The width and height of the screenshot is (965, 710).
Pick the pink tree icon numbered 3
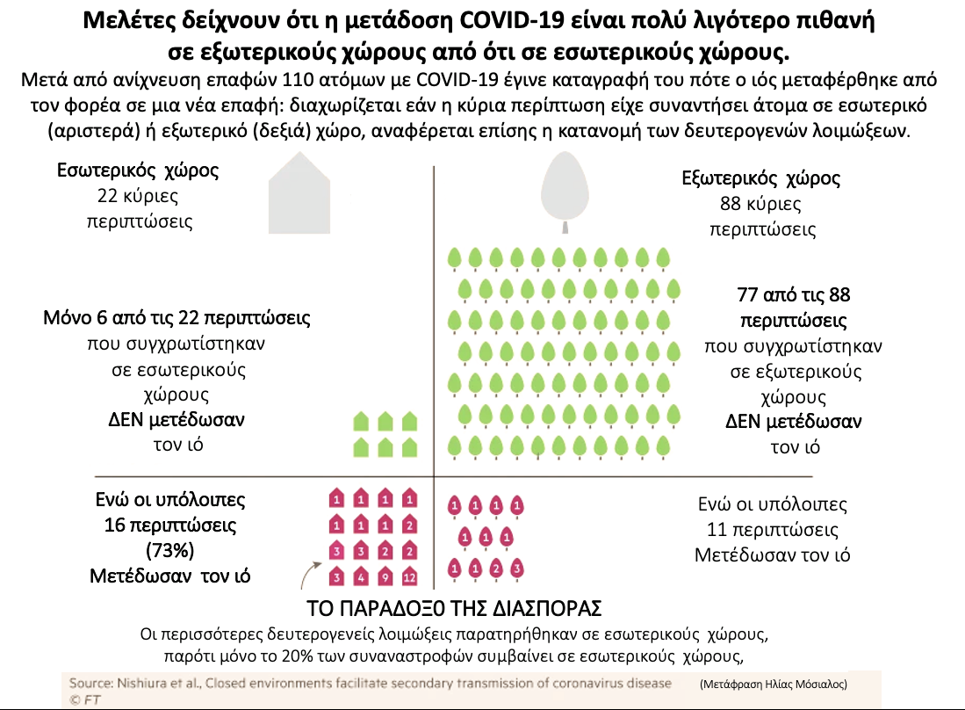coord(517,569)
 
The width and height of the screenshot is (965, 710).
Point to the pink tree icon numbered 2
coord(496,569)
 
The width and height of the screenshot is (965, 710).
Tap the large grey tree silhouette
coord(565,187)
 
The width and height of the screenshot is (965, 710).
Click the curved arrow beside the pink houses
coord(307,576)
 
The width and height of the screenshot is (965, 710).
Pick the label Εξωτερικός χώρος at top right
coord(761,179)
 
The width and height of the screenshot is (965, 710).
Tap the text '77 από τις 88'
coord(795,294)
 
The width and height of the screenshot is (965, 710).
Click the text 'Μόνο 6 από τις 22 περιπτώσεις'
coord(176,317)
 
